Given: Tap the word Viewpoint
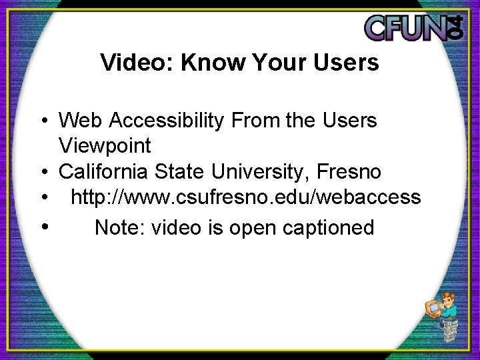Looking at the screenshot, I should pos(105,145).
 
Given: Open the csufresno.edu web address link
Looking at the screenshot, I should pos(245,197).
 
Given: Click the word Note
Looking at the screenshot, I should pos(120,227).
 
